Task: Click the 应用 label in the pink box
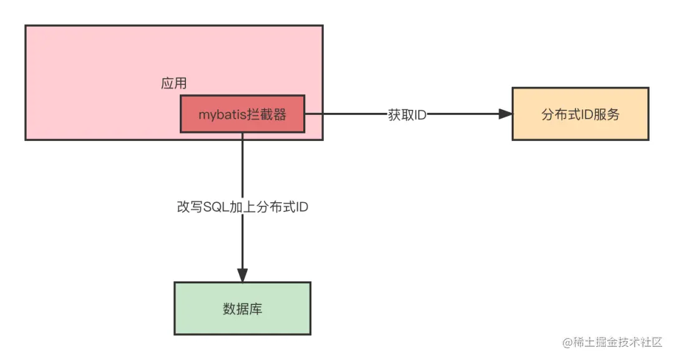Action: click(174, 84)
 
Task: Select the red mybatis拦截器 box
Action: click(242, 114)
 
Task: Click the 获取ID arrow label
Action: click(407, 115)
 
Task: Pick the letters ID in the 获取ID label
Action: click(421, 115)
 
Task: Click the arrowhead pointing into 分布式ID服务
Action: click(505, 114)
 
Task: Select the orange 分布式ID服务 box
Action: click(580, 114)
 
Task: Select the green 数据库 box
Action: click(242, 308)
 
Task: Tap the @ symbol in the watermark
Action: click(568, 343)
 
